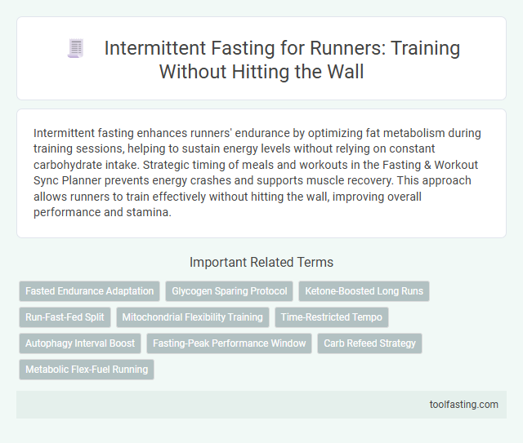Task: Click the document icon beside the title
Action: pos(75,49)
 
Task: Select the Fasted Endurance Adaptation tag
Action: pos(89,290)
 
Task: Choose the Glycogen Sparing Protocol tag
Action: pos(229,290)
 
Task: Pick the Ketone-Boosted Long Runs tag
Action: pos(364,290)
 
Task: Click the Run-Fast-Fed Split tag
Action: pos(65,317)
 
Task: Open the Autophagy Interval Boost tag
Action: pos(80,343)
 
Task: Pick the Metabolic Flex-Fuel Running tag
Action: pos(87,370)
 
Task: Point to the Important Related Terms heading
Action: pos(261,263)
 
